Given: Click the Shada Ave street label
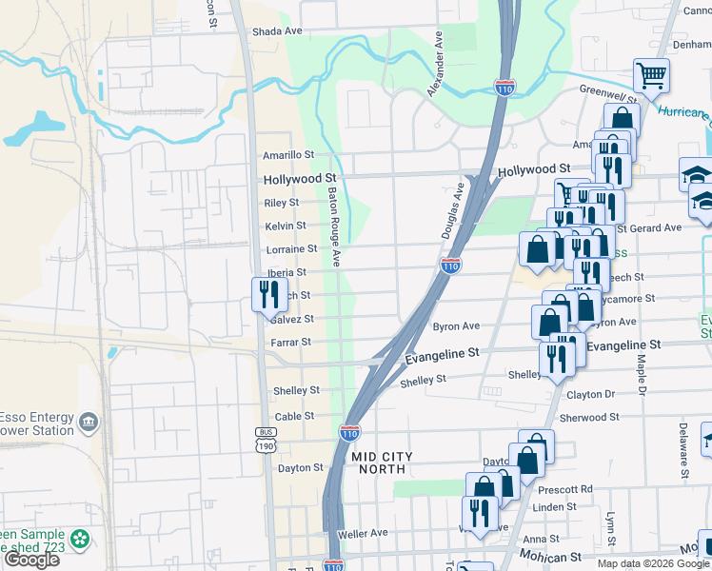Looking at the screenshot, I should point(277,31).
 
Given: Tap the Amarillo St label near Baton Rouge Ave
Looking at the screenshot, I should point(288,155).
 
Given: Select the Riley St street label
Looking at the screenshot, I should point(281,203).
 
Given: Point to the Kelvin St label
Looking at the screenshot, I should point(286,226).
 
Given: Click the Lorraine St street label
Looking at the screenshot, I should point(291,249).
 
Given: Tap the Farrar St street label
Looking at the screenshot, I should point(292,342).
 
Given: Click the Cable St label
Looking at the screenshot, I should point(294,417).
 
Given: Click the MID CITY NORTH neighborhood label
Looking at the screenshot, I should point(383,463).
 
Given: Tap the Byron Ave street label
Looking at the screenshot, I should point(455,326).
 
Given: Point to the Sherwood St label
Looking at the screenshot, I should point(590,418).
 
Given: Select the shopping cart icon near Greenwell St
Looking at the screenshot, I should point(651,74).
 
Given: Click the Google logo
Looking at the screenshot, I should point(31,560).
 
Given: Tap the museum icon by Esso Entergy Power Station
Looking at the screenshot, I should point(89,421).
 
